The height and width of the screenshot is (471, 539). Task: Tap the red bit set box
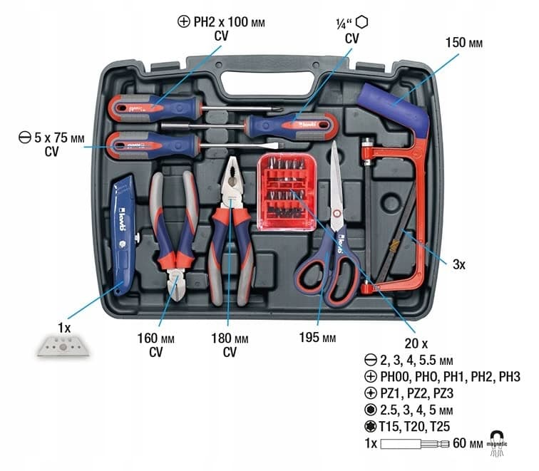click(286, 193)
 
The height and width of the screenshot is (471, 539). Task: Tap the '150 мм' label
click(464, 43)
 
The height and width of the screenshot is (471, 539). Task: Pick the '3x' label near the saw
click(459, 264)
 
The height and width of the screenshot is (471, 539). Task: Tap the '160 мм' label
click(155, 338)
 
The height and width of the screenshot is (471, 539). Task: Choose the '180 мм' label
click(229, 338)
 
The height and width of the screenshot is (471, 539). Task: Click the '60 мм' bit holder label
click(466, 445)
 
